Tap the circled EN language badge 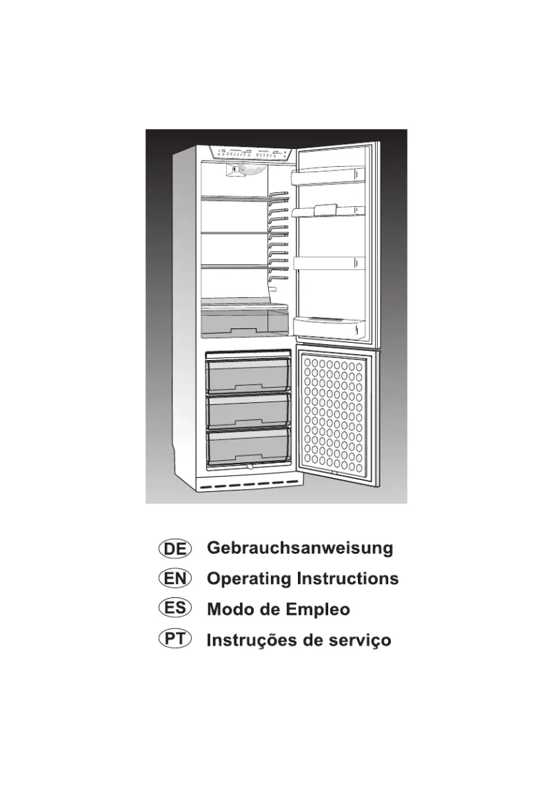175,578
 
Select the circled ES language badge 175,608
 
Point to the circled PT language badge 175,639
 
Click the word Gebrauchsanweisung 300,549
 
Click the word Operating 249,579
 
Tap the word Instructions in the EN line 348,579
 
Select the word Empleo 317,609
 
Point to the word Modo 230,609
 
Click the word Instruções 251,640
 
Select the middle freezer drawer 248,411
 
